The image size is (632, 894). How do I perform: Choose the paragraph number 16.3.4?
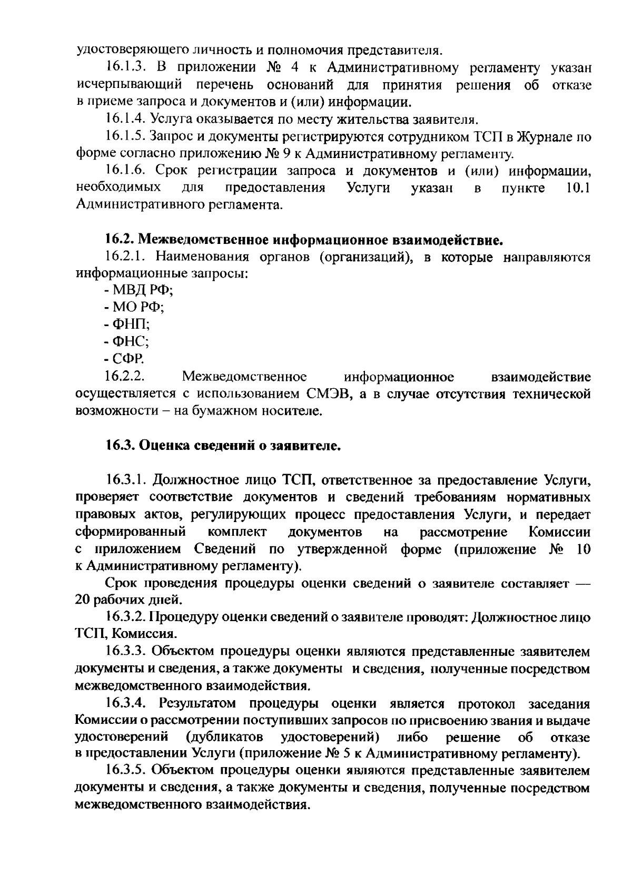(129, 704)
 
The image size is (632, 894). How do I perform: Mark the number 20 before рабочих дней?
(83, 600)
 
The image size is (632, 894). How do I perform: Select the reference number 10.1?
(577, 188)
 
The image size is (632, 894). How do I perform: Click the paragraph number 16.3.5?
(129, 771)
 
